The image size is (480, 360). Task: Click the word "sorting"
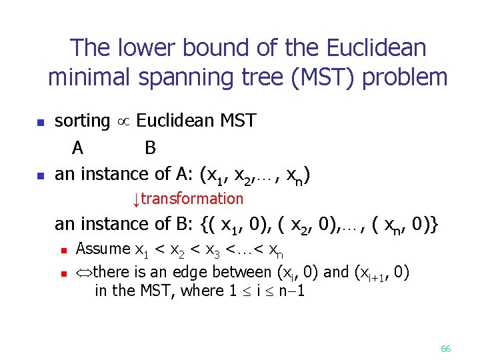[82, 121]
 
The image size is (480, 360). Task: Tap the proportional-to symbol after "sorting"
[123, 122]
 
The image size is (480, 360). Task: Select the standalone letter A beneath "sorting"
[78, 147]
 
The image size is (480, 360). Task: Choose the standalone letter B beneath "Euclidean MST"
[150, 147]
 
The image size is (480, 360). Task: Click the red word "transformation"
[193, 199]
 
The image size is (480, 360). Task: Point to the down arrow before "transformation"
[135, 199]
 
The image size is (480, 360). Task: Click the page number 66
[446, 349]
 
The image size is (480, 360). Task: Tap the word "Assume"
[103, 249]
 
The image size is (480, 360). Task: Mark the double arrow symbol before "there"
[85, 272]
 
